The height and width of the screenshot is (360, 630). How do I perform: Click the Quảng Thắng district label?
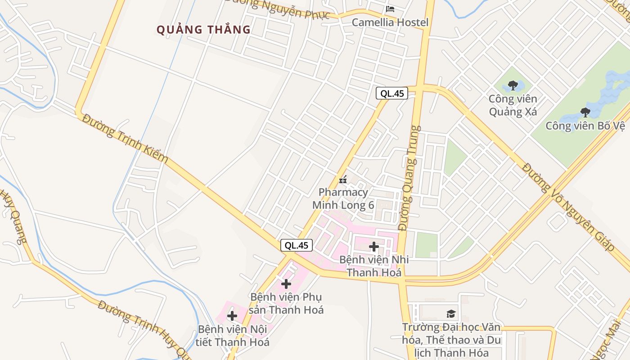coord(203,30)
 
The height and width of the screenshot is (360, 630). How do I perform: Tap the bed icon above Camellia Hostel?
coord(390,9)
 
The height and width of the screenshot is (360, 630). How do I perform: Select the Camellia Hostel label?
coord(390,22)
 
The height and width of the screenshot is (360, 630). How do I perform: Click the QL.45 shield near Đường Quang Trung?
coord(392,93)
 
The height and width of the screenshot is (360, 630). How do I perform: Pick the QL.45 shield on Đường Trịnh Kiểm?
coord(297,245)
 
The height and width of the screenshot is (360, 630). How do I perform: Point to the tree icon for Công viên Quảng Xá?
coord(513,85)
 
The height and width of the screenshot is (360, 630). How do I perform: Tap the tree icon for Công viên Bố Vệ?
coord(585,112)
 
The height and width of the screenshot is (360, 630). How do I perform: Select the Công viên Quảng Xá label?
coord(513,105)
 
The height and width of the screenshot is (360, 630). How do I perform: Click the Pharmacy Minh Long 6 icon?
coord(343,180)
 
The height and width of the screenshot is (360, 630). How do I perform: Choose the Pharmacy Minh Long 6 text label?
coord(343,198)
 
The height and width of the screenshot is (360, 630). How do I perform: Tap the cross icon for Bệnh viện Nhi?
coord(373,246)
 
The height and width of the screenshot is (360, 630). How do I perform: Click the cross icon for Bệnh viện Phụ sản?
coord(286,283)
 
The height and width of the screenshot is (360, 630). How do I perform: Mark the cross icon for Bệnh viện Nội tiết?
coord(232,316)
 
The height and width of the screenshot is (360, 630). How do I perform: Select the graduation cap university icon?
coord(450,314)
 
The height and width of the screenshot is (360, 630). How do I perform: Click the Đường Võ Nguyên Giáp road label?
coord(568,207)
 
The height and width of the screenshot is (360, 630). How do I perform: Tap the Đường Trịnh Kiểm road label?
coord(126,138)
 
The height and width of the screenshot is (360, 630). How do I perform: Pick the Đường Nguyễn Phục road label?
coord(277,8)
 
